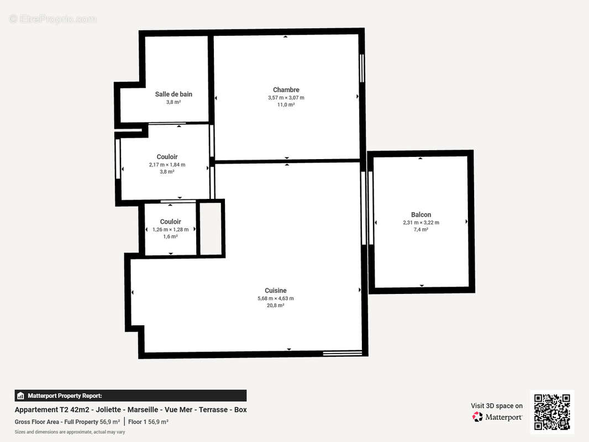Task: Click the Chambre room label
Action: [x=286, y=90]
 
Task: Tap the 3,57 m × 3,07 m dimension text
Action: [x=286, y=98]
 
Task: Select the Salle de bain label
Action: [x=173, y=94]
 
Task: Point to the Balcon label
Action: [x=420, y=214]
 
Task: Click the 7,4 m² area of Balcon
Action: [x=420, y=229]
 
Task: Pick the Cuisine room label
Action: [x=275, y=291]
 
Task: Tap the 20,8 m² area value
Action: [x=275, y=305]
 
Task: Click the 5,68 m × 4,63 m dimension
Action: [x=275, y=298]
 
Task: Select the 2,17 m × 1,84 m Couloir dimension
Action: [x=167, y=165]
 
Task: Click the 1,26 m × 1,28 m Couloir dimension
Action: [x=170, y=229]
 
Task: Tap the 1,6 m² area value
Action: [x=170, y=236]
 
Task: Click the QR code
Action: [x=552, y=412]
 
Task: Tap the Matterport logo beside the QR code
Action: [x=497, y=417]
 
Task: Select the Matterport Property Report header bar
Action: [x=130, y=396]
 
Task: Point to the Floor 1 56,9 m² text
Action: [x=148, y=422]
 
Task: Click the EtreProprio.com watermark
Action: [x=52, y=19]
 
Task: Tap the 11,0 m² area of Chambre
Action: [x=286, y=104]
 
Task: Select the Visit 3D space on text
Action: [x=496, y=406]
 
